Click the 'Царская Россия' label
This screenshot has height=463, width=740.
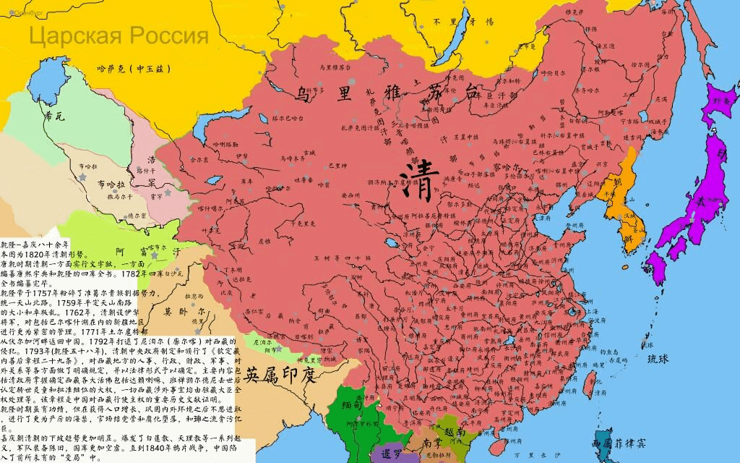click(119, 35)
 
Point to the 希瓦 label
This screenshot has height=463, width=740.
click(54, 115)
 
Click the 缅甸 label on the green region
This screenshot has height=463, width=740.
click(352, 407)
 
